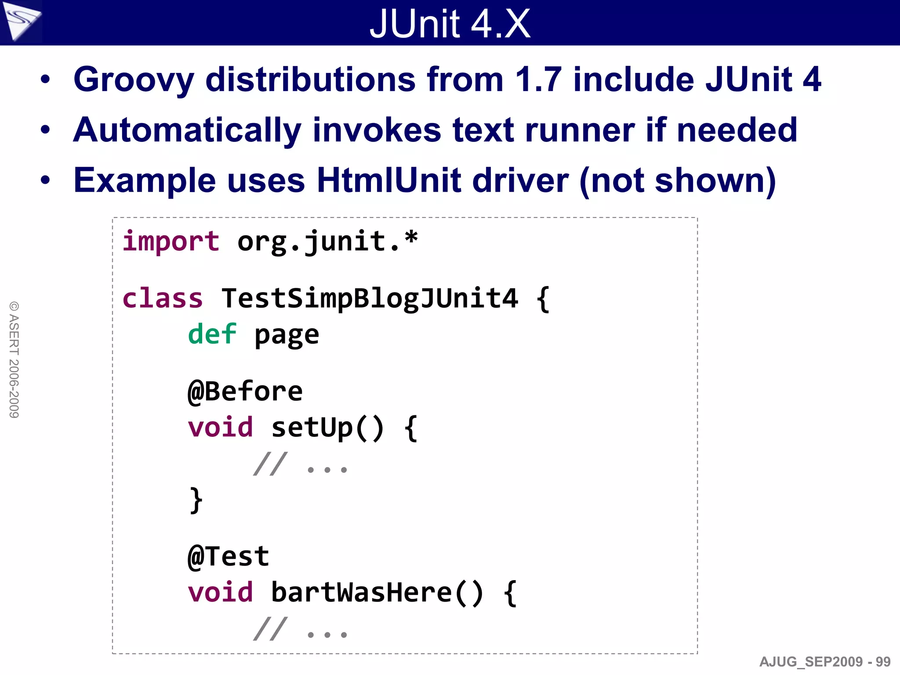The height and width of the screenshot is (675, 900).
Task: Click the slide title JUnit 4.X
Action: click(x=450, y=24)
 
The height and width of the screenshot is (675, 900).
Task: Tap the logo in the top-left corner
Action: click(x=21, y=21)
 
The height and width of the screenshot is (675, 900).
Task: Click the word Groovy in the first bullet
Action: click(x=134, y=80)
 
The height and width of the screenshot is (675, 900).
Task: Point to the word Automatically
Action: click(x=187, y=130)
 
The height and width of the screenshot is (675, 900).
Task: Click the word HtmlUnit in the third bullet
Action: click(x=388, y=180)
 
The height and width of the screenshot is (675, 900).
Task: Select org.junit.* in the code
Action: click(x=327, y=242)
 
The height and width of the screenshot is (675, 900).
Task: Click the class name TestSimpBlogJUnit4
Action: click(x=370, y=298)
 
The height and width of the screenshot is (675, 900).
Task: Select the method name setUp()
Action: click(x=327, y=428)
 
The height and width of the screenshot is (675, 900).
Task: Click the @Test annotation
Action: click(x=228, y=556)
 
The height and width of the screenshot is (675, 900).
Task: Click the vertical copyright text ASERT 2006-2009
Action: click(x=14, y=359)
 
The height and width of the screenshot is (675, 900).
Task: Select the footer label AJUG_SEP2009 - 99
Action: click(x=824, y=662)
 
